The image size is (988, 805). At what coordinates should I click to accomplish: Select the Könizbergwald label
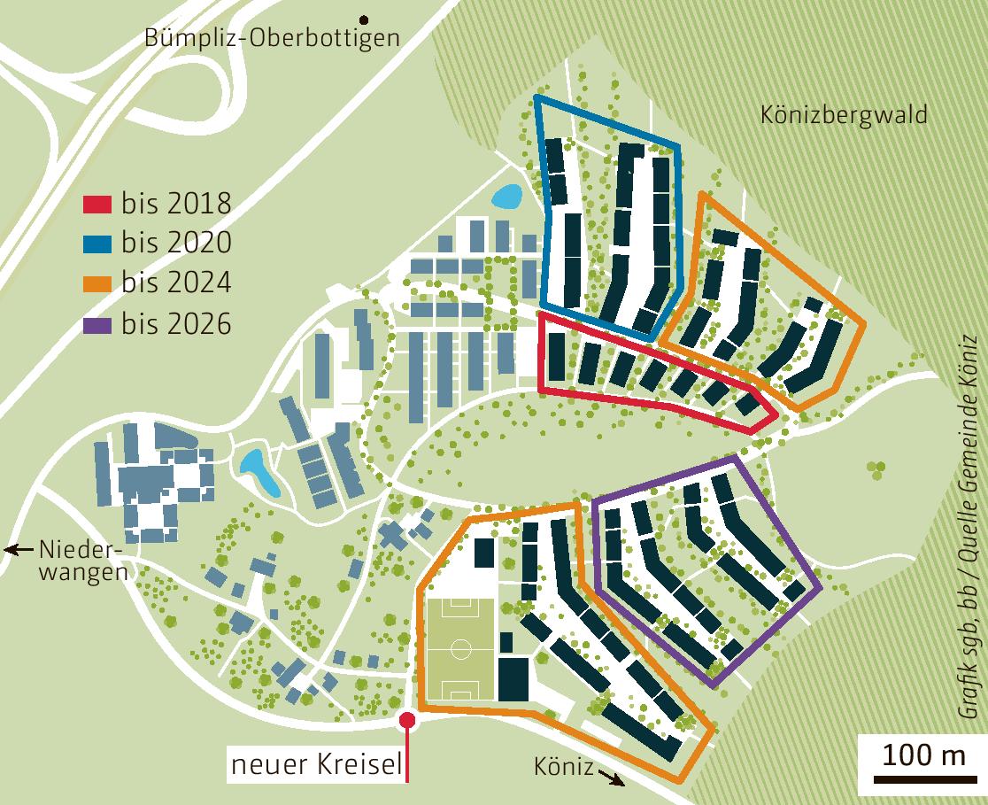coord(844,115)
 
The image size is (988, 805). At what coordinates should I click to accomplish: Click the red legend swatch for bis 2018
coord(97,204)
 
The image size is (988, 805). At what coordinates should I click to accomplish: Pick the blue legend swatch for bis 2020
coord(97,244)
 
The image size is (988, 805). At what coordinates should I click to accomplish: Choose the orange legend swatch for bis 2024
coord(97,283)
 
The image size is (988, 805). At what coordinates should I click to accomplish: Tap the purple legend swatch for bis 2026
coord(97,324)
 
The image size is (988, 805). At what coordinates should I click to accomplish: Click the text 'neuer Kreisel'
coord(315,765)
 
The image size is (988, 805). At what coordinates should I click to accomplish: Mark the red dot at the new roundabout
coord(407,721)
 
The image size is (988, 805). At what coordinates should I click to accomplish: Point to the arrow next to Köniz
coord(610,777)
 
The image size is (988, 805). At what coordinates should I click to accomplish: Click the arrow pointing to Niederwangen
coord(16,550)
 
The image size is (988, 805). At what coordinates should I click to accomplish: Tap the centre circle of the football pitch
coord(461,649)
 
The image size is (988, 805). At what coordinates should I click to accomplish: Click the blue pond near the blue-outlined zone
coord(506,197)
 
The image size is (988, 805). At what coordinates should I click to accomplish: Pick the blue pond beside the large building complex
coord(260,472)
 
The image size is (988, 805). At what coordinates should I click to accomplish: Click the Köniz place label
coord(563,767)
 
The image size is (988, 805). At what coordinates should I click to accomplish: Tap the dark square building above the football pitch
coord(484,553)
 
